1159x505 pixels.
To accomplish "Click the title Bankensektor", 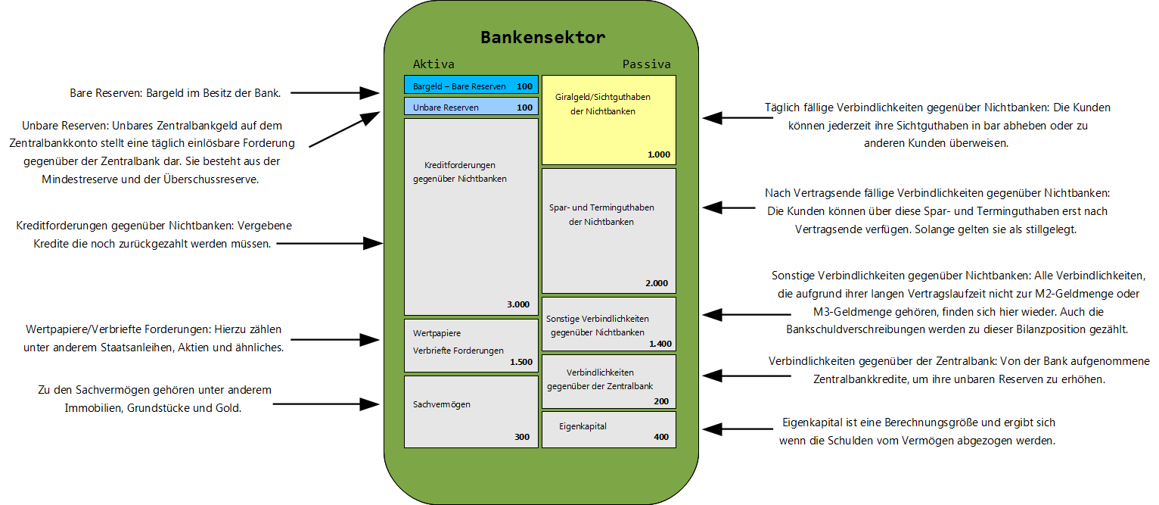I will tap(542, 37).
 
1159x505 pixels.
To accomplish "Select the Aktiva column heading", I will tap(433, 64).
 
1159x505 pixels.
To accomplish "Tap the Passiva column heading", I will tap(646, 64).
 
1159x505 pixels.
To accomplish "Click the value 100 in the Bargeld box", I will tap(524, 86).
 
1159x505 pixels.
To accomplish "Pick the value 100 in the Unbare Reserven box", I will tap(524, 108).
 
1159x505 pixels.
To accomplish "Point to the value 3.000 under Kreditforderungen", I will tap(518, 304).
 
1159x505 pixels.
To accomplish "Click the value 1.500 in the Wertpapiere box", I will tap(520, 362).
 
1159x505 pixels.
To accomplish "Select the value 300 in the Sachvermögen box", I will tap(522, 437).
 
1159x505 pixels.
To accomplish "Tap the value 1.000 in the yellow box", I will tap(658, 154).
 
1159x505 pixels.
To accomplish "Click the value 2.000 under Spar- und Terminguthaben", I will tap(656, 283).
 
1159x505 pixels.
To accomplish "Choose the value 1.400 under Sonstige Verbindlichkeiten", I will tap(660, 344).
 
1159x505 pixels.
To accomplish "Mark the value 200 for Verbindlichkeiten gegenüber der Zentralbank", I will tap(661, 401).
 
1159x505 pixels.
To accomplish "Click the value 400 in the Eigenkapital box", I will tap(661, 437).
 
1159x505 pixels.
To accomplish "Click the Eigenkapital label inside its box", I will tap(583, 426).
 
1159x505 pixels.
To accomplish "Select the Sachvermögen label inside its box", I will tap(442, 404).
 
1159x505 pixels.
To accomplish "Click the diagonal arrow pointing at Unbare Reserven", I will tap(344, 129).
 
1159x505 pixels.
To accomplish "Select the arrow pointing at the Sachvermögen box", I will tap(325, 404).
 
